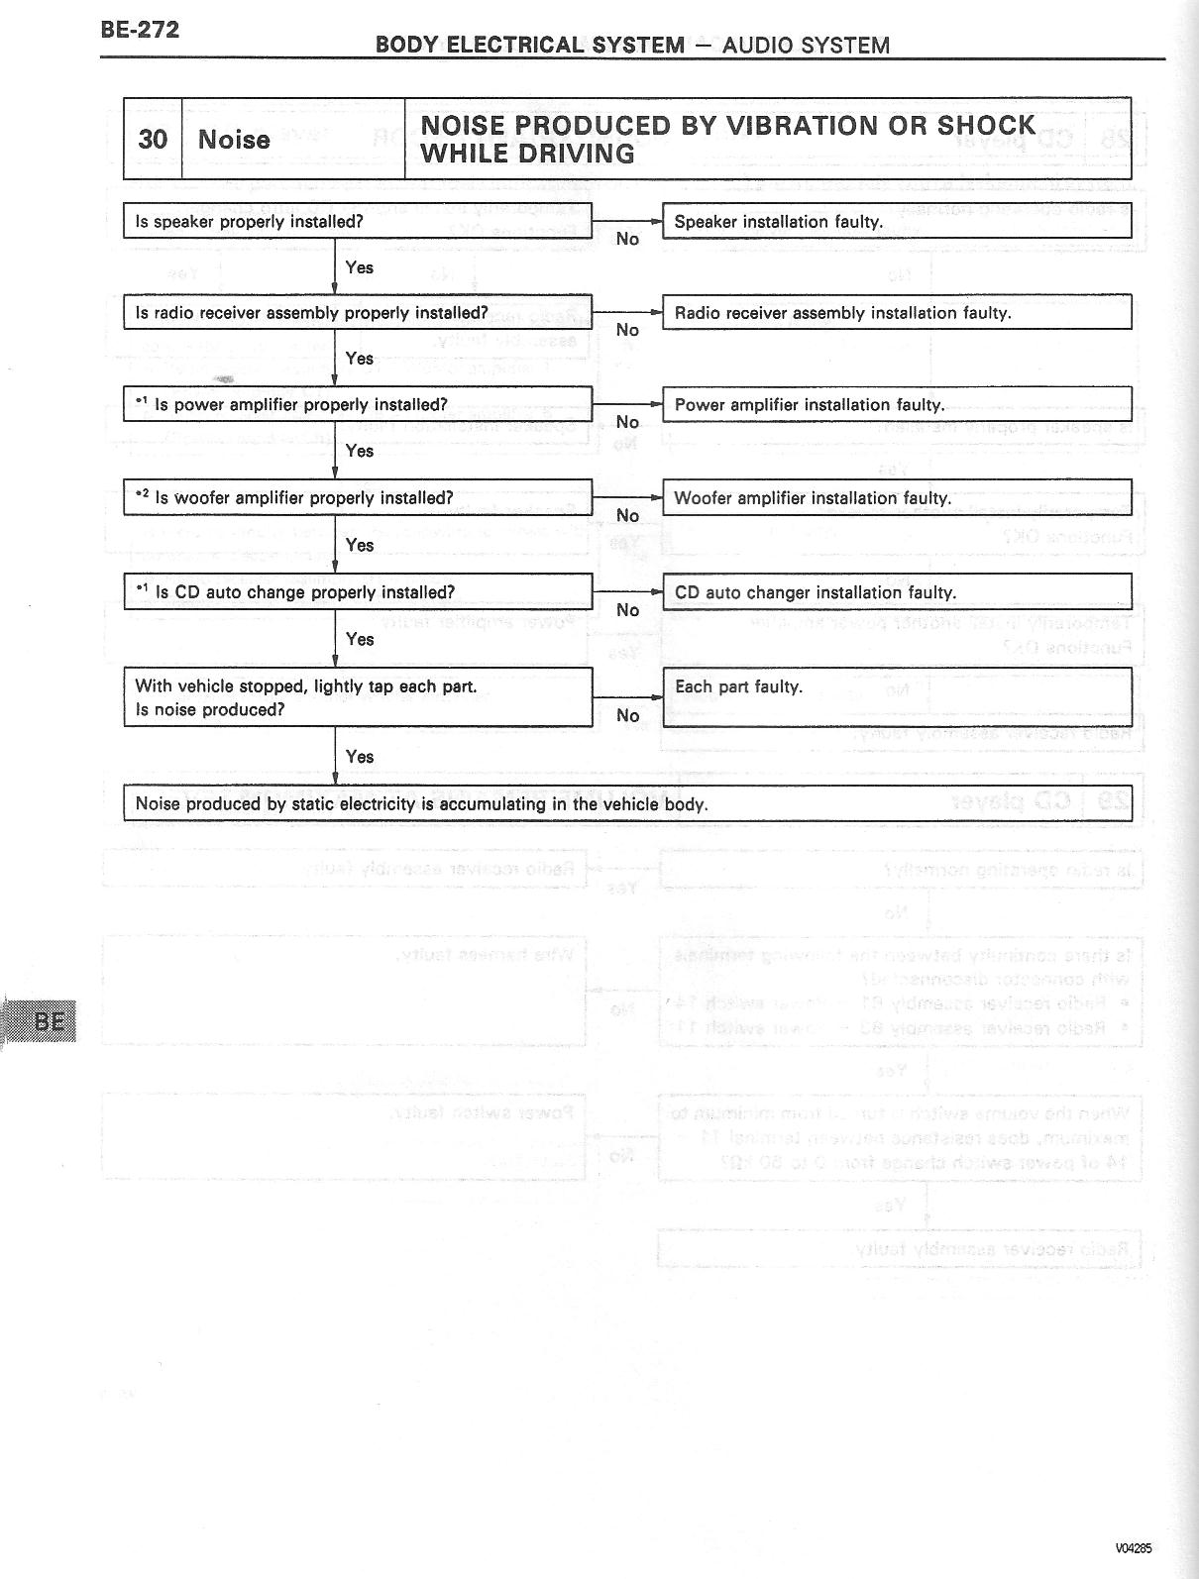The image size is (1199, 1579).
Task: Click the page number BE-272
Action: (140, 30)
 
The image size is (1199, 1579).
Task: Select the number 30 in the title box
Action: (153, 139)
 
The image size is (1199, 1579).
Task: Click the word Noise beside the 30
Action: (234, 139)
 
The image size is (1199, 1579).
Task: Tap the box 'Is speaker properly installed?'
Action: (357, 221)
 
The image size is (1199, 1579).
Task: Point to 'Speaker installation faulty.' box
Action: (896, 221)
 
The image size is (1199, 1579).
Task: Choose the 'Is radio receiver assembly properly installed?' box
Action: (357, 312)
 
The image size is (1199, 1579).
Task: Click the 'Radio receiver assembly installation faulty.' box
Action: (896, 312)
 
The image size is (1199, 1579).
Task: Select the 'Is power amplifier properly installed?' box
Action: (357, 404)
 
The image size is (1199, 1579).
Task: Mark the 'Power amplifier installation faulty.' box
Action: (896, 404)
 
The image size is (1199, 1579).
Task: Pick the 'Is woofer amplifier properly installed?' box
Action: (357, 497)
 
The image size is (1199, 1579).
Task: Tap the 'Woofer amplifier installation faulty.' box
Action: (896, 497)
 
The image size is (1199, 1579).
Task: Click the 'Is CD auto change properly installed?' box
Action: (357, 591)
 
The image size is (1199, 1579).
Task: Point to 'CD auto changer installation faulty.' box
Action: (896, 591)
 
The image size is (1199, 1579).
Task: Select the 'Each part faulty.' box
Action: (896, 695)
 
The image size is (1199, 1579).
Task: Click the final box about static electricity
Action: (626, 803)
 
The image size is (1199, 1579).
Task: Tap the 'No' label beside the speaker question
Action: (627, 239)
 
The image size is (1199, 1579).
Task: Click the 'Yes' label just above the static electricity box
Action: (360, 757)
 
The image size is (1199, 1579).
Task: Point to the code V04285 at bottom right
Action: (1133, 1548)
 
